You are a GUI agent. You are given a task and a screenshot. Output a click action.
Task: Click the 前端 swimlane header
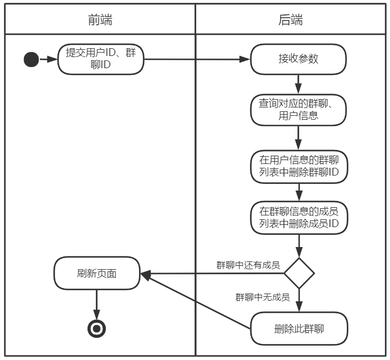pyautogui.click(x=100, y=20)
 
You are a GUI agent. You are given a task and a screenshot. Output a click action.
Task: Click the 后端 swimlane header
pyautogui.click(x=290, y=20)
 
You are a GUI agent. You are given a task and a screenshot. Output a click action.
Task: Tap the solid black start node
pyautogui.click(x=32, y=59)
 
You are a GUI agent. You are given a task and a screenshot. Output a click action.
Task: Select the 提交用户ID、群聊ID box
pyautogui.click(x=100, y=59)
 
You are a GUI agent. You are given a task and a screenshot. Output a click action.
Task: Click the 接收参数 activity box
pyautogui.click(x=299, y=59)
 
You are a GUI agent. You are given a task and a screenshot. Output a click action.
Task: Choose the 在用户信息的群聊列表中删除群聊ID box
pyautogui.click(x=299, y=166)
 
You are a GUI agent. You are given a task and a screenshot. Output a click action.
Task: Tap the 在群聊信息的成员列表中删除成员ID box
pyautogui.click(x=299, y=218)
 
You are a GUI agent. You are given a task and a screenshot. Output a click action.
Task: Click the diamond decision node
pyautogui.click(x=299, y=273)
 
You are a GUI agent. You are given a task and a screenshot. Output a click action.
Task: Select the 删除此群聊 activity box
pyautogui.click(x=299, y=329)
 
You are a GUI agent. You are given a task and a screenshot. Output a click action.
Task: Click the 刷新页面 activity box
pyautogui.click(x=97, y=273)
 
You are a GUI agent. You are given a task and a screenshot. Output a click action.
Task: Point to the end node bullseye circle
pyautogui.click(x=97, y=329)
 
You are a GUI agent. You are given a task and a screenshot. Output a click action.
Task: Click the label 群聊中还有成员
pyautogui.click(x=248, y=264)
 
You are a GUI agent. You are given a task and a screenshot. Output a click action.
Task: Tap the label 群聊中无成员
pyautogui.click(x=263, y=297)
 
